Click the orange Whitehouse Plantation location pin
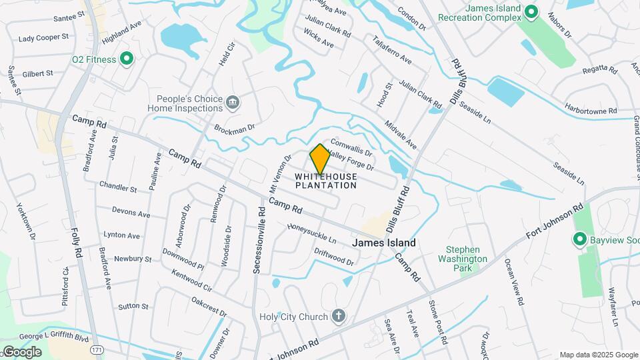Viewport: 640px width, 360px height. (x=320, y=159)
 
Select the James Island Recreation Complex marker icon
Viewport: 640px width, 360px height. (x=531, y=11)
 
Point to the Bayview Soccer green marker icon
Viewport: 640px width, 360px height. (x=579, y=239)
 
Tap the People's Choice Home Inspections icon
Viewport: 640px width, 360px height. (x=233, y=103)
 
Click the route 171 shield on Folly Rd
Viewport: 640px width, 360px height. (x=98, y=349)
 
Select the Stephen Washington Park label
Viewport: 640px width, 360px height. (x=462, y=259)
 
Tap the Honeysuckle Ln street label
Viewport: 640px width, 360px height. (x=311, y=234)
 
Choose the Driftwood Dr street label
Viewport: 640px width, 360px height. (x=333, y=257)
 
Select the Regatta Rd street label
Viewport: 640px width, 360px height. (x=597, y=69)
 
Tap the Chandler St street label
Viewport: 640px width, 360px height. (x=118, y=187)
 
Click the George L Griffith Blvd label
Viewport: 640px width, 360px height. (x=53, y=338)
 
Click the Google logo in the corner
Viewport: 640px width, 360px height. (x=21, y=351)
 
